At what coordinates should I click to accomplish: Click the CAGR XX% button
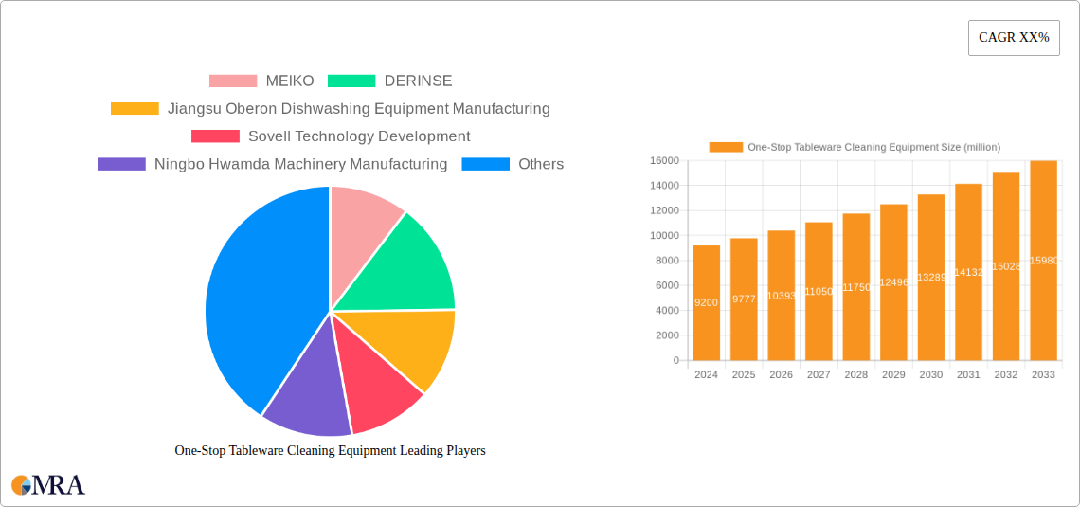(1014, 38)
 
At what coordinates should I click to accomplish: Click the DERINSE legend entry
(390, 81)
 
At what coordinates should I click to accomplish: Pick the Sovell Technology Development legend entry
(331, 136)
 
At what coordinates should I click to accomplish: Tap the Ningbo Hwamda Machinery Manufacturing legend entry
(272, 164)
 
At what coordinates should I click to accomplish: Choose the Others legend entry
(513, 164)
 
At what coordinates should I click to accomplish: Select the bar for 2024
(706, 302)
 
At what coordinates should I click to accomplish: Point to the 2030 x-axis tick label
(930, 375)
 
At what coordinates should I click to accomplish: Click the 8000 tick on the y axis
(666, 261)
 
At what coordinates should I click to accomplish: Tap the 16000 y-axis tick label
(663, 161)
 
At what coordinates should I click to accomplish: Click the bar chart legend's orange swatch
(726, 147)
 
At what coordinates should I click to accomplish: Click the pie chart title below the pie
(330, 451)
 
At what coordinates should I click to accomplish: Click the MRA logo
(48, 485)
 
